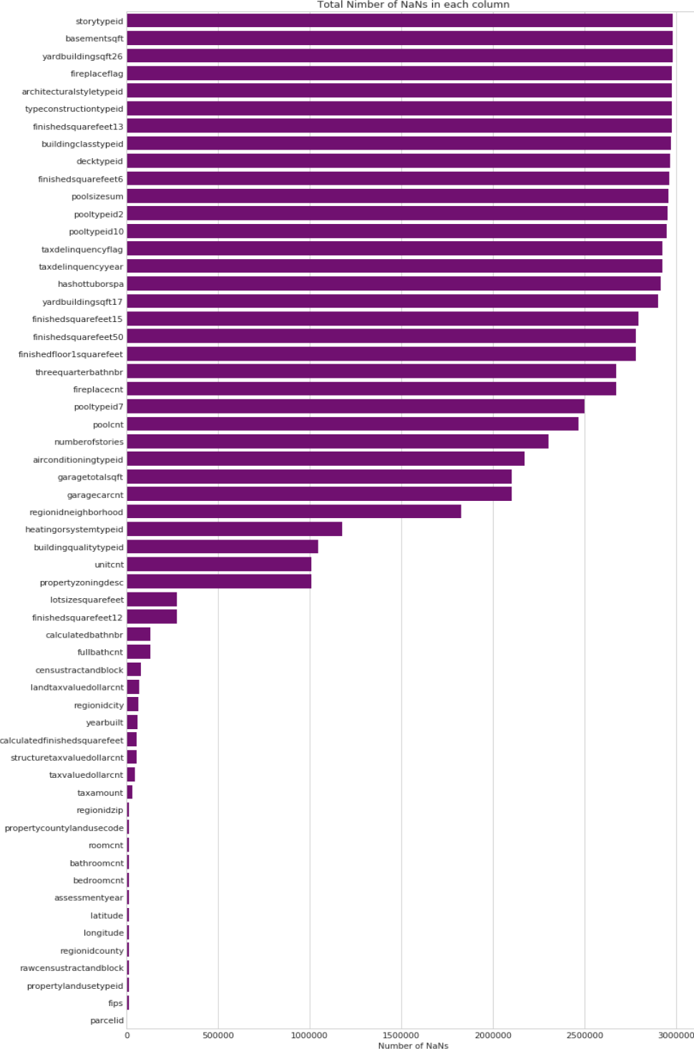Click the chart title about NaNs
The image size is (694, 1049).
414,5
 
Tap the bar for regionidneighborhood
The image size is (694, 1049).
293,512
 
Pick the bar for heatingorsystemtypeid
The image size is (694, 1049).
234,530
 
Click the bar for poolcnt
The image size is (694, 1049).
352,424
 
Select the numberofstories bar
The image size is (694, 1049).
337,441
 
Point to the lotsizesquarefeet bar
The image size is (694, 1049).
152,600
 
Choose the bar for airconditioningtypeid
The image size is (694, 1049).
325,459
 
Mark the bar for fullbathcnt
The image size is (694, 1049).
138,652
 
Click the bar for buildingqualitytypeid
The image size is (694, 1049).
222,547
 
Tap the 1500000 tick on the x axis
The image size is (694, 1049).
401,1035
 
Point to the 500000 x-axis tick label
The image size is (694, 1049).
218,1035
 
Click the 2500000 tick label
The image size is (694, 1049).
585,1035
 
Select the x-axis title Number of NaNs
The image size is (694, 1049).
413,1045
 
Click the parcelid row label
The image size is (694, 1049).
107,1020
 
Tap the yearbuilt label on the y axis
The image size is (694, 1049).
104,723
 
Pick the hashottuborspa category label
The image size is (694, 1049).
90,284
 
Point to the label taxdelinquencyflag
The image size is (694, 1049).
82,249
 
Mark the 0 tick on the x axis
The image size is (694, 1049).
127,1035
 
